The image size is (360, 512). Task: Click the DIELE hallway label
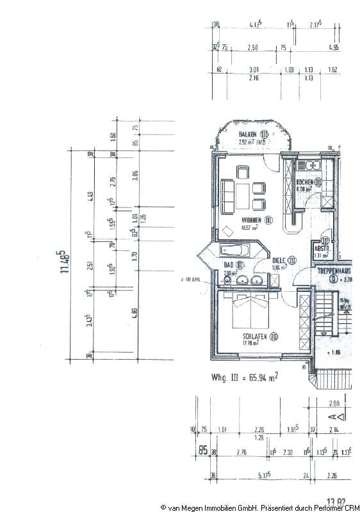(x=281, y=260)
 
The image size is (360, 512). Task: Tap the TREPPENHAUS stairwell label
(x=334, y=272)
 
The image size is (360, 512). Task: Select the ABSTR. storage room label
(x=321, y=249)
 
